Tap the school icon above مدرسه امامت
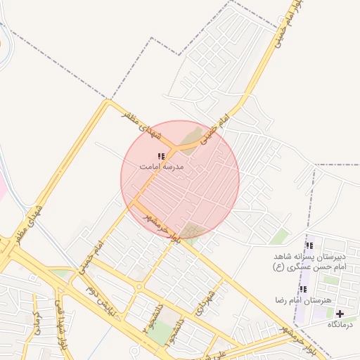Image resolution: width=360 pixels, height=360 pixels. click(x=161, y=156)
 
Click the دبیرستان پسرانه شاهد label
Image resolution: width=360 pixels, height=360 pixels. click(x=309, y=257)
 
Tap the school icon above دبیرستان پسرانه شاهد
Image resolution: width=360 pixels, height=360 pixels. click(x=309, y=246)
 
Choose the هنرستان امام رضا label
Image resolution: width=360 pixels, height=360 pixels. click(x=303, y=300)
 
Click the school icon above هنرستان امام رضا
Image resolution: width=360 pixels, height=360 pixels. click(x=303, y=289)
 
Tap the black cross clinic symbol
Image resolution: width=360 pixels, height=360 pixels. click(x=341, y=314)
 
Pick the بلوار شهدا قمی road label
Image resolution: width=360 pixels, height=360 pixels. click(x=62, y=316)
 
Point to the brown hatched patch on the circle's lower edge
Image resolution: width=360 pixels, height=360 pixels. click(x=190, y=231)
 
